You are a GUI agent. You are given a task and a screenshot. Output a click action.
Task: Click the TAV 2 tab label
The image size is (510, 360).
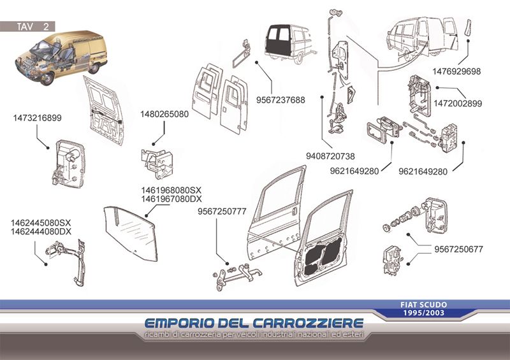(33, 26)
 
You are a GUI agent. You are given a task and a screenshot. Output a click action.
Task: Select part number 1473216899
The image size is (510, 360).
(37, 118)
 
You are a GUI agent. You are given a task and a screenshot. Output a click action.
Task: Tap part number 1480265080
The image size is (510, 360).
(164, 114)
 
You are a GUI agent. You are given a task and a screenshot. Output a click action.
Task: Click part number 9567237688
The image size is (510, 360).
(280, 100)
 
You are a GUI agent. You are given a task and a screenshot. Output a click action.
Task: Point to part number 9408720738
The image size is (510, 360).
(330, 156)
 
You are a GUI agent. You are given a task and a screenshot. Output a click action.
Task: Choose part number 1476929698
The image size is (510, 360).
(456, 71)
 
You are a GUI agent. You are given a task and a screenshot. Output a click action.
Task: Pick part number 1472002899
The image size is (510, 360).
(458, 103)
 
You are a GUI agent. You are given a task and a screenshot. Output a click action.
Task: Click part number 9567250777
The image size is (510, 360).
(222, 212)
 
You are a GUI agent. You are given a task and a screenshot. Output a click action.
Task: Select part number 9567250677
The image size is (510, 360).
(458, 249)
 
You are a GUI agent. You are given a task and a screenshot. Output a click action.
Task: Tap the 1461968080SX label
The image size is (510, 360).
(171, 190)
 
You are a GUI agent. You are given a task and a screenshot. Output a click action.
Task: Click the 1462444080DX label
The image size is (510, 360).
(41, 231)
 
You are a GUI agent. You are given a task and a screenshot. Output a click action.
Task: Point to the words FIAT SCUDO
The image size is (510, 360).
(423, 305)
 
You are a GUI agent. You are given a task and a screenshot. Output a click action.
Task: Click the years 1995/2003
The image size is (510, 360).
(423, 313)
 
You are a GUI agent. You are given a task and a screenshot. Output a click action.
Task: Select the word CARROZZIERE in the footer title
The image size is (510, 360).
(308, 323)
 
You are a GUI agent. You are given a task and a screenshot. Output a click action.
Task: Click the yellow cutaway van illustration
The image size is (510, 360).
(61, 57)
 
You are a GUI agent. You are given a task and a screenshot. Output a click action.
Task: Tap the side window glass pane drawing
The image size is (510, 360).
(131, 233)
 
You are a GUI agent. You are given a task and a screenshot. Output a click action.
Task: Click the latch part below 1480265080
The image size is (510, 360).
(157, 164)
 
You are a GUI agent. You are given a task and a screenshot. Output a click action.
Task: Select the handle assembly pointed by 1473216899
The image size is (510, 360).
(68, 164)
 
